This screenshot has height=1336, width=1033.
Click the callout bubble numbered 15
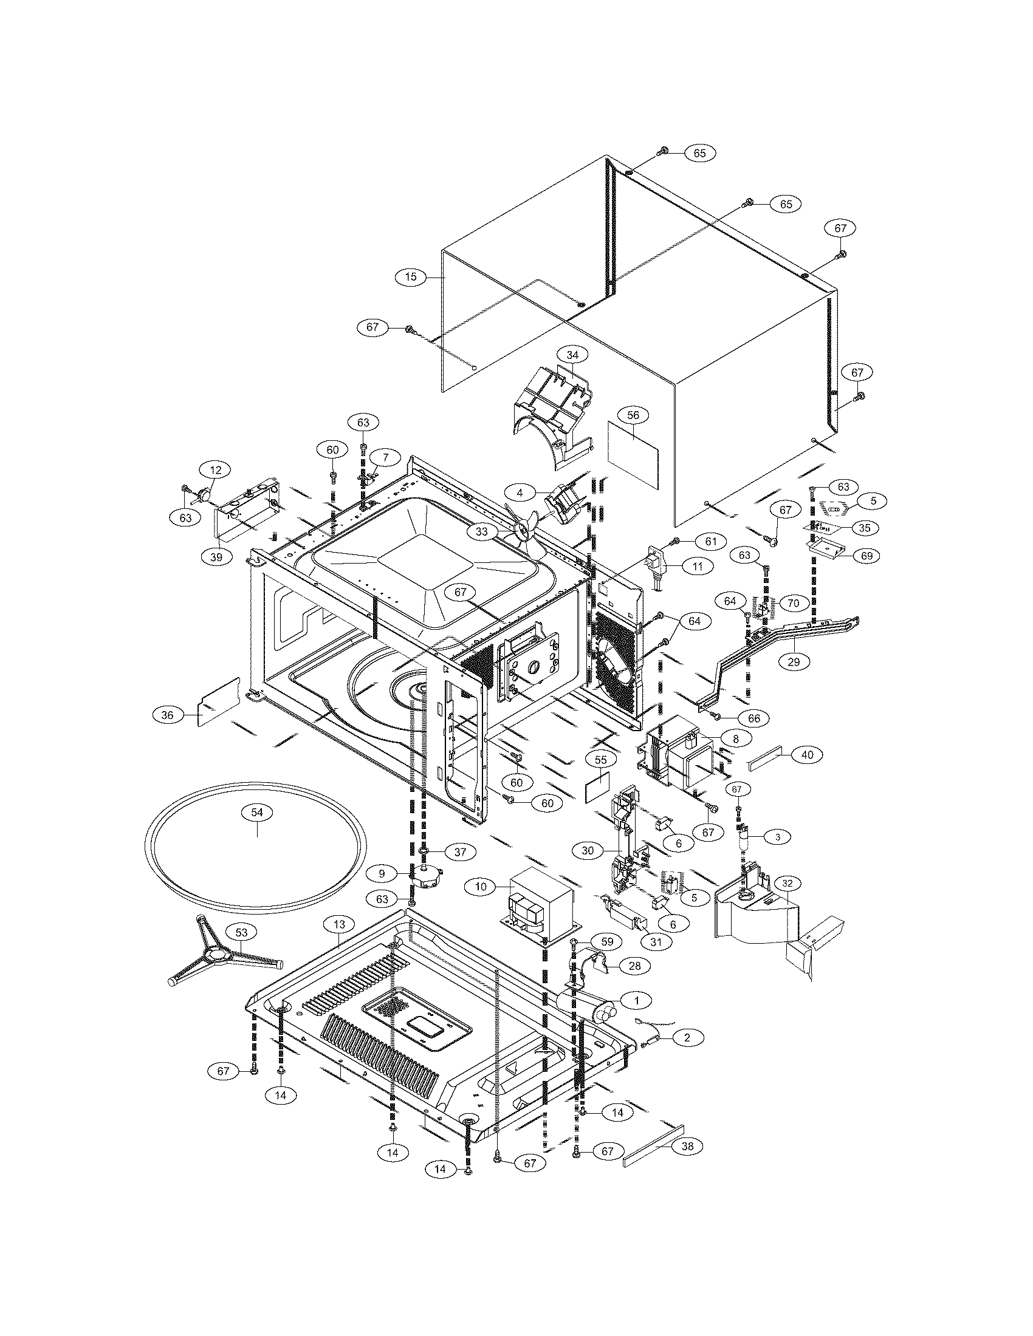click(411, 276)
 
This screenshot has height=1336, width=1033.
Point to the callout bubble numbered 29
click(793, 661)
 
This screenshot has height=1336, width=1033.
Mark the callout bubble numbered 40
click(807, 755)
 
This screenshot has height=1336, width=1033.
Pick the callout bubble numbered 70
click(793, 603)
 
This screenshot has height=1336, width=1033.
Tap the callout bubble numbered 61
click(710, 540)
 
